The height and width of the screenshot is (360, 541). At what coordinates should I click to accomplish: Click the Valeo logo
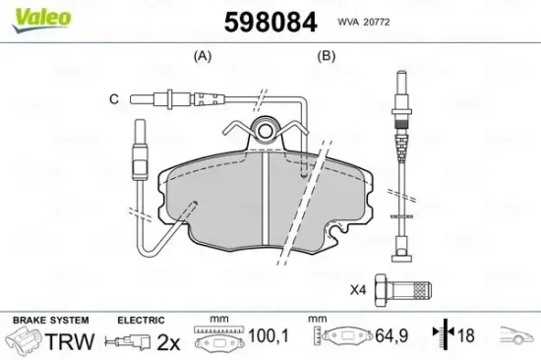pyautogui.click(x=41, y=20)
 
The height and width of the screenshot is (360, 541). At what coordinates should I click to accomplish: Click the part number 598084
pyautogui.click(x=270, y=22)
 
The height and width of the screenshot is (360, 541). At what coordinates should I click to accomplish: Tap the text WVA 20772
pyautogui.click(x=364, y=22)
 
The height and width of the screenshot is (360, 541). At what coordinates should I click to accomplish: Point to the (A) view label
pyautogui.click(x=203, y=55)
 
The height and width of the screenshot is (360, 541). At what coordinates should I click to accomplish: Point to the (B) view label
pyautogui.click(x=327, y=55)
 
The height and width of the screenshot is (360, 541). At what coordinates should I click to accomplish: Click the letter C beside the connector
pyautogui.click(x=114, y=99)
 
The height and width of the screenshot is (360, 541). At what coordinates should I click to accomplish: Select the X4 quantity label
pyautogui.click(x=358, y=290)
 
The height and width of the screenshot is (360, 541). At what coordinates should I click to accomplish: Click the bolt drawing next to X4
pyautogui.click(x=403, y=290)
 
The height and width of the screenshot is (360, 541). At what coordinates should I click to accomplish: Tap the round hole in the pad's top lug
pyautogui.click(x=266, y=131)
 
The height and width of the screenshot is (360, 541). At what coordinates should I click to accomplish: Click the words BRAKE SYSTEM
pyautogui.click(x=51, y=321)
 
